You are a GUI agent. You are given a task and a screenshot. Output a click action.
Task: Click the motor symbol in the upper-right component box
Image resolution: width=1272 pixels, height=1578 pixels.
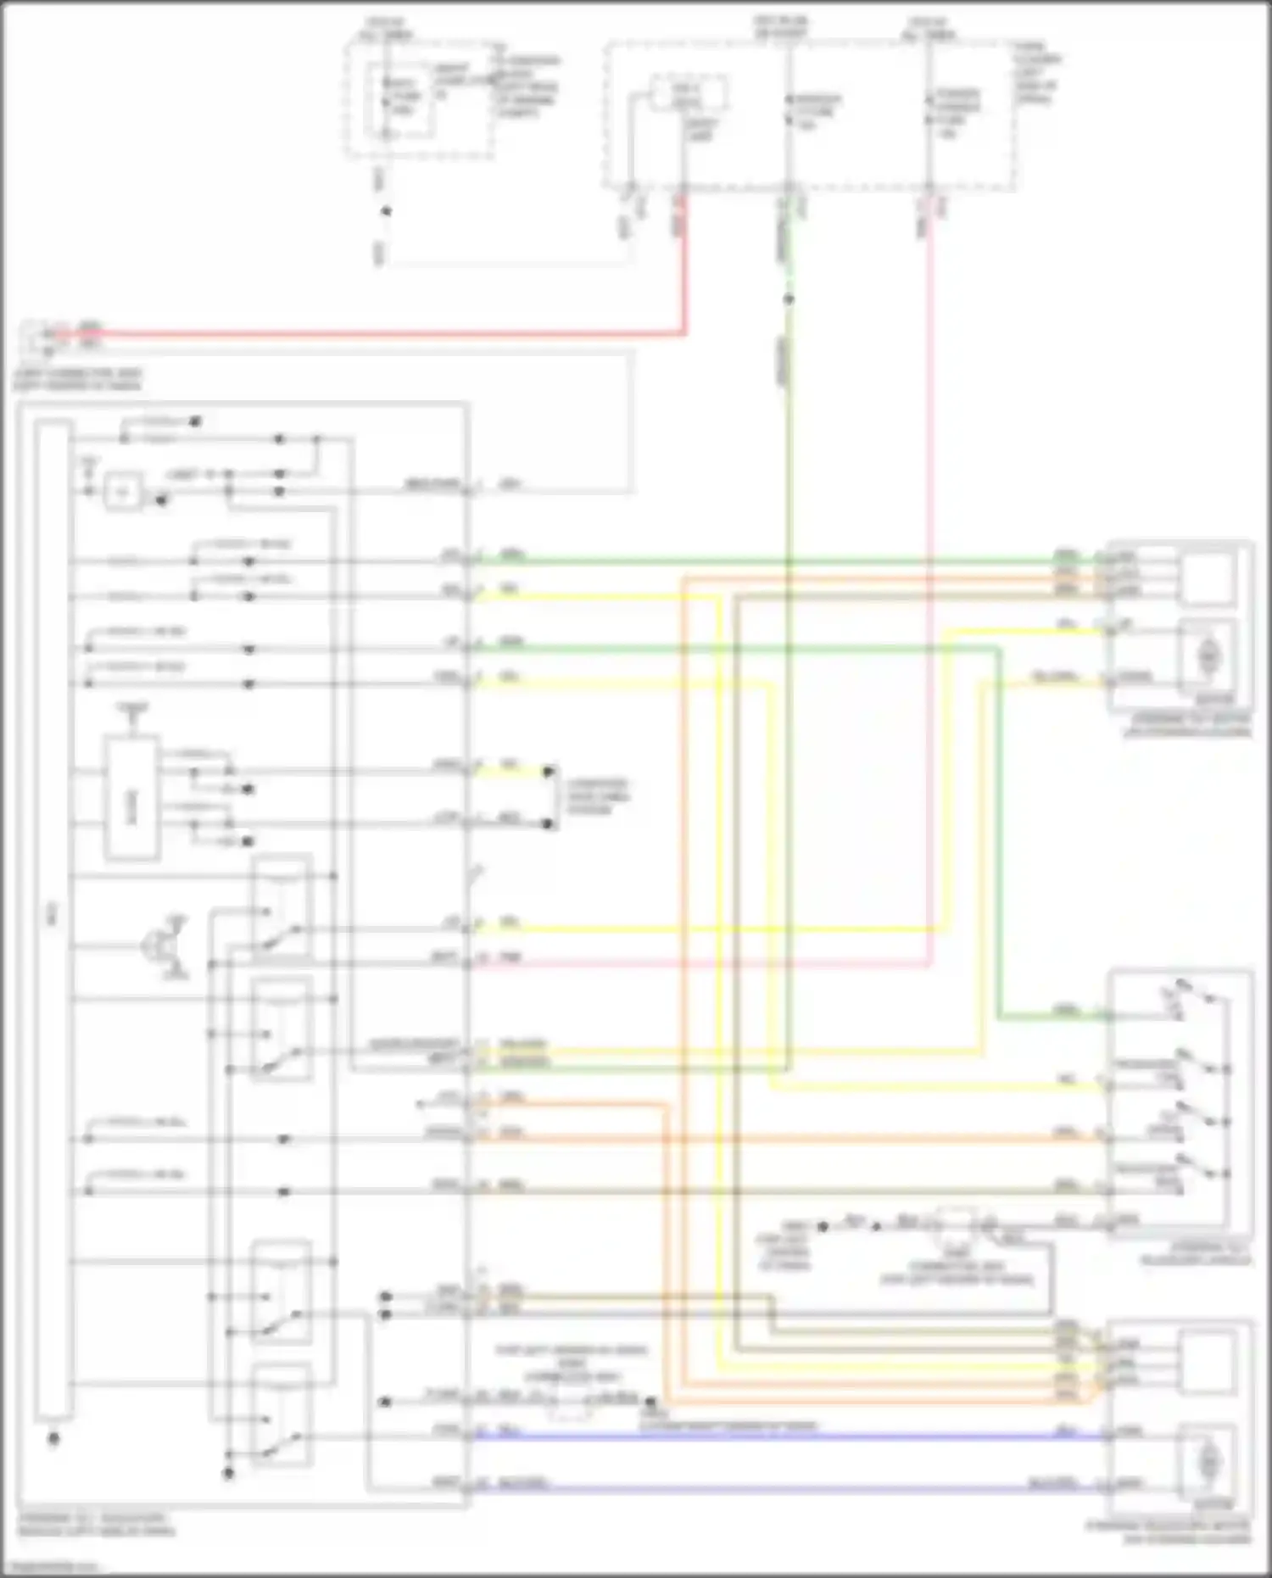click(x=1208, y=655)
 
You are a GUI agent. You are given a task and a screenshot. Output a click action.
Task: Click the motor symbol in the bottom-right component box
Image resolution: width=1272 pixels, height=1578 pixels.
click(x=1208, y=1461)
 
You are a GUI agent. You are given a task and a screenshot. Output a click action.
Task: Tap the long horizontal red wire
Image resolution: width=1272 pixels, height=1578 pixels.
click(x=382, y=334)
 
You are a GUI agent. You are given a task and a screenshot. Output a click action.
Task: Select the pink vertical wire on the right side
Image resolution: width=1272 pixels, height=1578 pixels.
click(x=930, y=594)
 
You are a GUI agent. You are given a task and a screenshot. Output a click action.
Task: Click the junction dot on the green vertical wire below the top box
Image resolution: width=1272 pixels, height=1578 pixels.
click(x=788, y=299)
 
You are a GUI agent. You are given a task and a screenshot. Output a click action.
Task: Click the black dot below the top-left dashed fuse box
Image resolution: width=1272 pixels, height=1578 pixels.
click(x=386, y=210)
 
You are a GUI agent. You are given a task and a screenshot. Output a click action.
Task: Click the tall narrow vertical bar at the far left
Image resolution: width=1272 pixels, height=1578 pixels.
click(x=53, y=920)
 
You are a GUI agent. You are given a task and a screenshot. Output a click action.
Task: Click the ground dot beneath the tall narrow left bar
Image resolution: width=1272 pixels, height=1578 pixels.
click(x=53, y=1439)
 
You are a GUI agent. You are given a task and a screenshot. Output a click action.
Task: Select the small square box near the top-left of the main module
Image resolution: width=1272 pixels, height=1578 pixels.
click(x=124, y=492)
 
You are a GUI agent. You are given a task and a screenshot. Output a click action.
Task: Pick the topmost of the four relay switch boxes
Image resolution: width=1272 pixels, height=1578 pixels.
click(x=282, y=907)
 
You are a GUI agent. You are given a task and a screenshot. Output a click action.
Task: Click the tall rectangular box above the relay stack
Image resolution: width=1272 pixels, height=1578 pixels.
click(x=131, y=797)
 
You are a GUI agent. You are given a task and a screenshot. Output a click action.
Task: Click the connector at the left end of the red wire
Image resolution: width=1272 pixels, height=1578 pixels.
click(x=38, y=337)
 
